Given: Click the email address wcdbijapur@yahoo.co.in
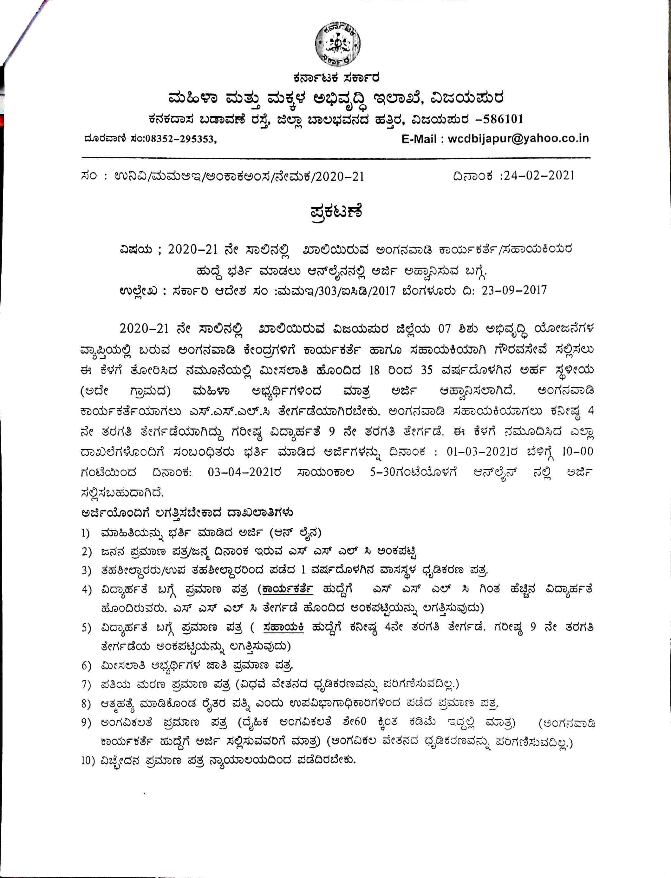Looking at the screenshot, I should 518,138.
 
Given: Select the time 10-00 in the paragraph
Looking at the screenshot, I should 577,452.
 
